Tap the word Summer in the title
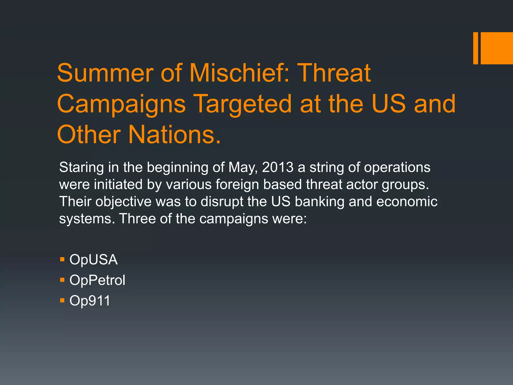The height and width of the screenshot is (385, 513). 105,73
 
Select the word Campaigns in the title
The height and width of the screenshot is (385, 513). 121,104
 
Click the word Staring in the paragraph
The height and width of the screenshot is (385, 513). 81,167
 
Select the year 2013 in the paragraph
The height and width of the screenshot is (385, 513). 278,167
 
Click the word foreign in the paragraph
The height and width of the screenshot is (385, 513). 237,184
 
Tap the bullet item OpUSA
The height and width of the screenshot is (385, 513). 93,259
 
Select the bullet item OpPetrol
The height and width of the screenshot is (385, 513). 97,280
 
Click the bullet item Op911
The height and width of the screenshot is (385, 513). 90,301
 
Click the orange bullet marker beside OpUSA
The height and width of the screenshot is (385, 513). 62,259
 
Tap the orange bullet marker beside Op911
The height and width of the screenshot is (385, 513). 62,300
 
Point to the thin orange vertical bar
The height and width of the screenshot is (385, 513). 475,48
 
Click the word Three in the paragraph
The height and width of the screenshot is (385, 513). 138,219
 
